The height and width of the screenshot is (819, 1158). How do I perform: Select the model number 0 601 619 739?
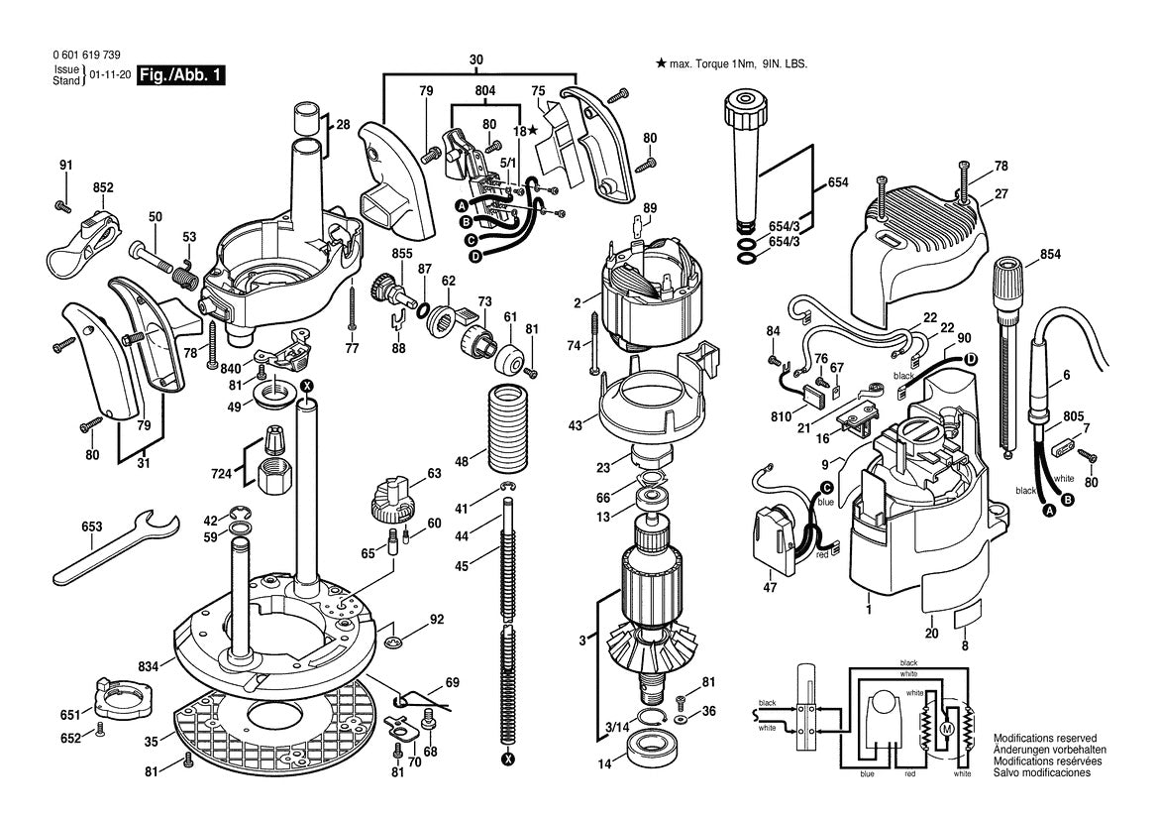click(76, 58)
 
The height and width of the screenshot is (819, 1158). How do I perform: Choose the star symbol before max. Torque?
click(661, 63)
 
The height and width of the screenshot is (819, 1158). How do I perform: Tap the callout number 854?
click(1050, 255)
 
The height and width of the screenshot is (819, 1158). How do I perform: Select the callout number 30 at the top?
click(476, 60)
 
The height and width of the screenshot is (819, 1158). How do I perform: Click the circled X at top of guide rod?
click(307, 385)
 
